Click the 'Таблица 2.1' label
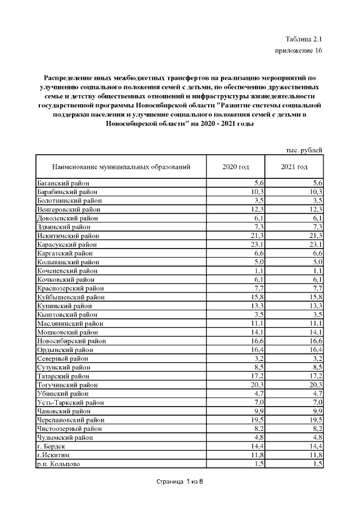[304, 39]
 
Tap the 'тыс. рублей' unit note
[304, 150]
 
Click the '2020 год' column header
[236, 167]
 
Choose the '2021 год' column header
[294, 167]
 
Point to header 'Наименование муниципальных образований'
[121, 167]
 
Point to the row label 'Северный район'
[62, 358]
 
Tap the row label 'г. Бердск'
[51, 446]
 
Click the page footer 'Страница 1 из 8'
[178, 482]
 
